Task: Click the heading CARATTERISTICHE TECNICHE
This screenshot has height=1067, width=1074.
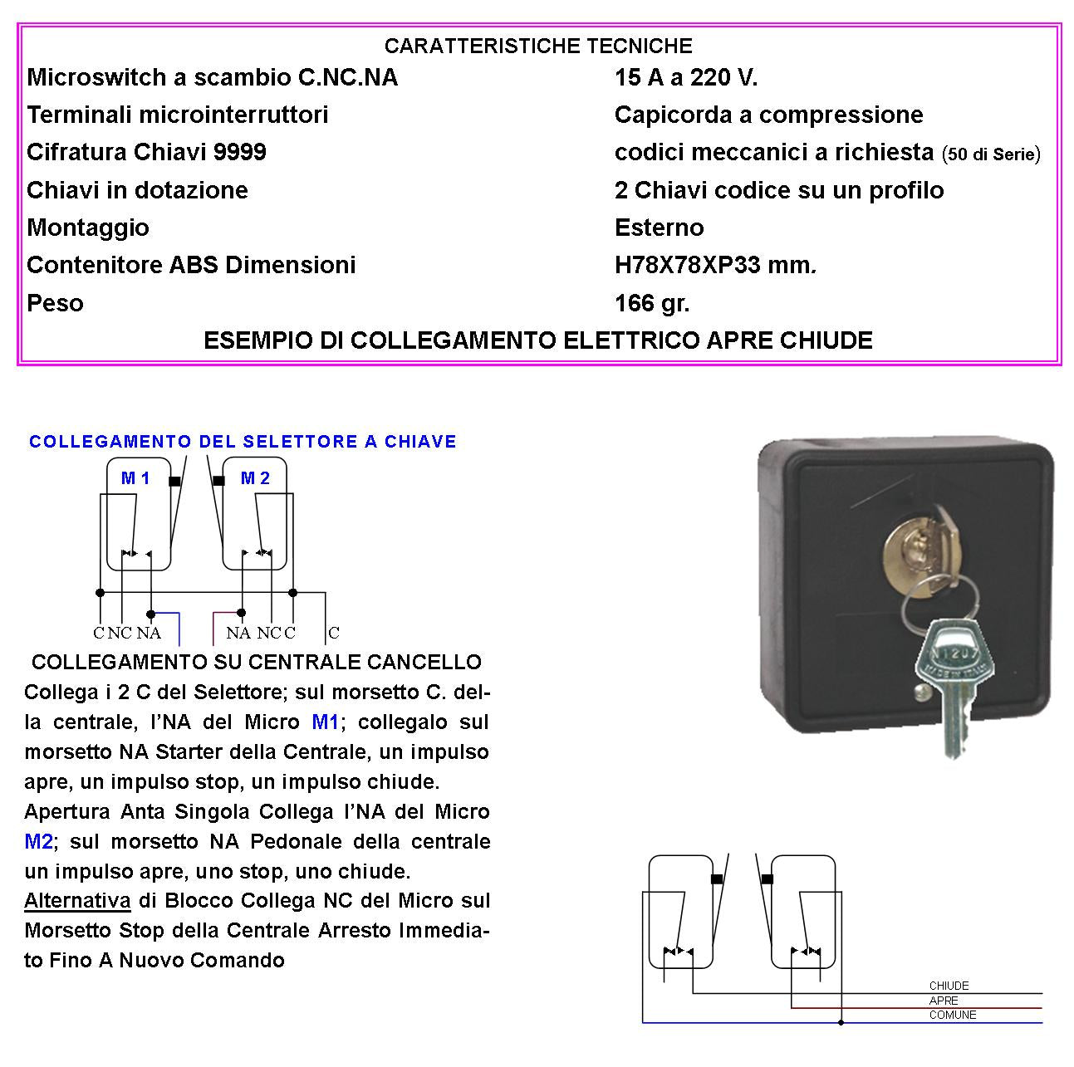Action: pyautogui.click(x=538, y=46)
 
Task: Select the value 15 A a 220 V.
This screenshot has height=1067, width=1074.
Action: pyautogui.click(x=686, y=77)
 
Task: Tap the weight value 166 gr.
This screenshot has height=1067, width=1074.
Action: pyautogui.click(x=652, y=303)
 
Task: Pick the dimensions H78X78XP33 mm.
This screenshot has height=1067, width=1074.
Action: pyautogui.click(x=715, y=265)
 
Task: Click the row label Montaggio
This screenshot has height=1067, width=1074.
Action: pyautogui.click(x=88, y=228)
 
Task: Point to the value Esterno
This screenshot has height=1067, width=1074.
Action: pyautogui.click(x=659, y=228)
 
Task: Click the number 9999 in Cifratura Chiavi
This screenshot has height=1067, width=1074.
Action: pyautogui.click(x=240, y=152)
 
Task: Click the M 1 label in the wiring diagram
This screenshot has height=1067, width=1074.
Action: pyautogui.click(x=135, y=478)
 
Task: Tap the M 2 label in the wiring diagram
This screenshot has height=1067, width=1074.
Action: pyautogui.click(x=255, y=478)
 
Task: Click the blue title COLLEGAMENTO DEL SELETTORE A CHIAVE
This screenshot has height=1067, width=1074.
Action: pyautogui.click(x=243, y=442)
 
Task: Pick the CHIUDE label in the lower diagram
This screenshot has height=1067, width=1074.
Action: pyautogui.click(x=949, y=986)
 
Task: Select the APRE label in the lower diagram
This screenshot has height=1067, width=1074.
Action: pyautogui.click(x=944, y=1001)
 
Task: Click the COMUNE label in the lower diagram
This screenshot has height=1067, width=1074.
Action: pyautogui.click(x=952, y=1015)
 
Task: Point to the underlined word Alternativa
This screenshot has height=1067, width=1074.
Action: pyautogui.click(x=77, y=901)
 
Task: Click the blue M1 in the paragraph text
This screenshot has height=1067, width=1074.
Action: pyautogui.click(x=326, y=722)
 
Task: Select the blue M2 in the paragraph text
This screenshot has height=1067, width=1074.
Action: pyautogui.click(x=38, y=841)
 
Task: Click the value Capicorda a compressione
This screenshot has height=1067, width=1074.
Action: pyautogui.click(x=768, y=115)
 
